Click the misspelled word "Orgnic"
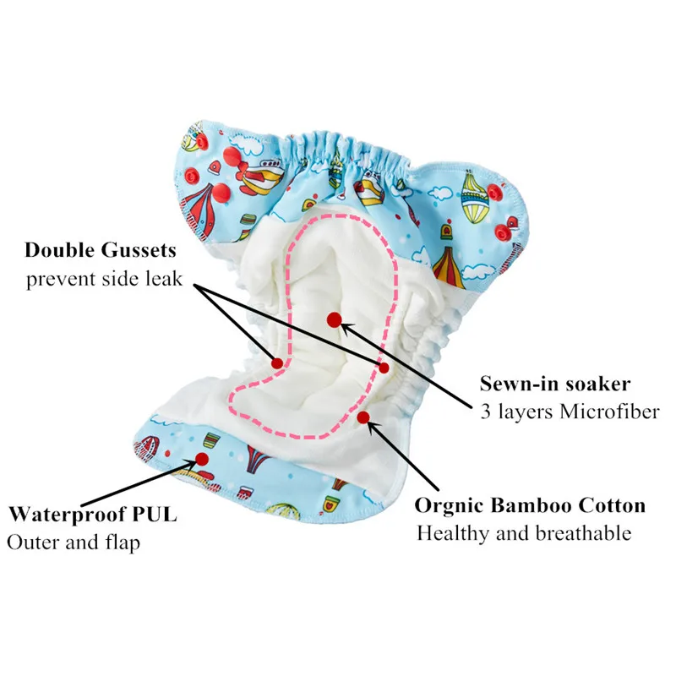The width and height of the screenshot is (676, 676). [450, 506]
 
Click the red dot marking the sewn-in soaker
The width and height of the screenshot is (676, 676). [335, 319]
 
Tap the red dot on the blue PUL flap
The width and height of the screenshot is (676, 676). [202, 459]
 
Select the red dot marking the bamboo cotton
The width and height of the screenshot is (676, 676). [363, 416]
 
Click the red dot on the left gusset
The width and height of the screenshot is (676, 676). [276, 363]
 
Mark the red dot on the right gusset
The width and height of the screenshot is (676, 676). [384, 368]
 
